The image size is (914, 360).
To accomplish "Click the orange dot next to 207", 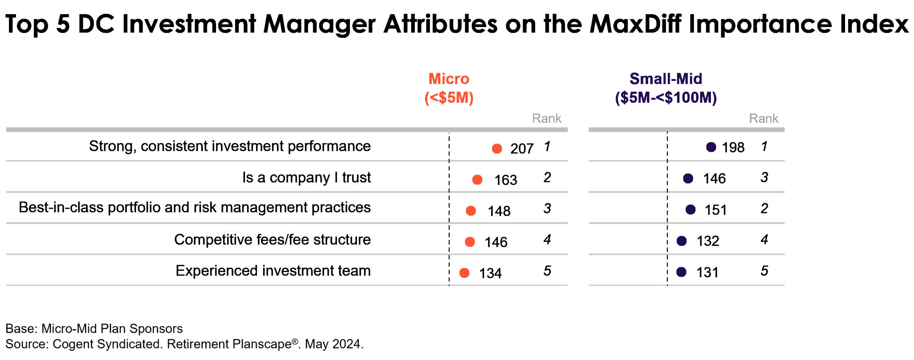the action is click(497, 148).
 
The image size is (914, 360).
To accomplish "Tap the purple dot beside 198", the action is click(711, 147).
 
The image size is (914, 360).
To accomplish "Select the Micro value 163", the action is click(506, 180).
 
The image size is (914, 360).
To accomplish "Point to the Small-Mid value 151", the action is click(715, 210).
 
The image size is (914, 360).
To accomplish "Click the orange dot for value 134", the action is click(464, 273).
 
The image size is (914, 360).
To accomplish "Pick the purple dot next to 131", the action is click(681, 272).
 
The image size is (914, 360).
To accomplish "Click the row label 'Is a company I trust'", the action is click(306, 177).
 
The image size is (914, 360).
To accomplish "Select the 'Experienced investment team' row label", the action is click(273, 270).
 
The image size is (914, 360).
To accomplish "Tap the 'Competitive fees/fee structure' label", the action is click(272, 239).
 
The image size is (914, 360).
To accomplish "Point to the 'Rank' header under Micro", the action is click(547, 118).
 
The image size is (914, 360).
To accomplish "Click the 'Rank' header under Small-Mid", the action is click(763, 118).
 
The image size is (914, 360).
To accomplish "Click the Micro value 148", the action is click(499, 211).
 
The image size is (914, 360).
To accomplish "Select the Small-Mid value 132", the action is click(708, 241).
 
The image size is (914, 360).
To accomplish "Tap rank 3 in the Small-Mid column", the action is click(764, 177).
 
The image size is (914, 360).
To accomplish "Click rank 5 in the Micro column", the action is click(547, 271).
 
